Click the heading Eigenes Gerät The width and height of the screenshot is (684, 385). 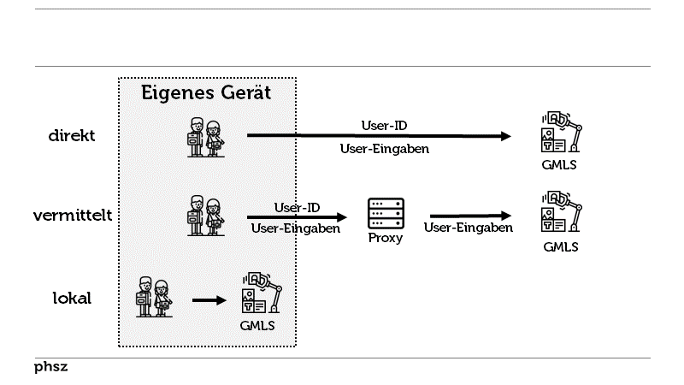(x=206, y=93)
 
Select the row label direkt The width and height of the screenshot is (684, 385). (x=71, y=135)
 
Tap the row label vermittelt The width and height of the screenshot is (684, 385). (x=72, y=216)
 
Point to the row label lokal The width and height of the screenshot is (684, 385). (x=72, y=299)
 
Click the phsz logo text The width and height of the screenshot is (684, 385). (x=51, y=367)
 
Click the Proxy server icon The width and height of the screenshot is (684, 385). (x=386, y=213)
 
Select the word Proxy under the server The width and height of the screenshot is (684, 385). (x=386, y=239)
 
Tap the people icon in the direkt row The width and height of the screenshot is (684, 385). (x=206, y=137)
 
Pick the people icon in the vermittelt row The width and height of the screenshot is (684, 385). (x=206, y=216)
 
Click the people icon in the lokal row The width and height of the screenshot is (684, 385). (x=154, y=298)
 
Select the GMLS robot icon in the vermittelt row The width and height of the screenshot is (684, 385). (x=560, y=212)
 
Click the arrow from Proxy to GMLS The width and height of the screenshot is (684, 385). (x=469, y=216)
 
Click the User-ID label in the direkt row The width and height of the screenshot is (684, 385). (x=384, y=126)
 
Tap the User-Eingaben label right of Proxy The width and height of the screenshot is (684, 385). (x=469, y=228)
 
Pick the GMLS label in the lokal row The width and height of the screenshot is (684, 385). (x=256, y=326)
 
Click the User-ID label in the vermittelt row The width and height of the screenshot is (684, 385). (x=297, y=207)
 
